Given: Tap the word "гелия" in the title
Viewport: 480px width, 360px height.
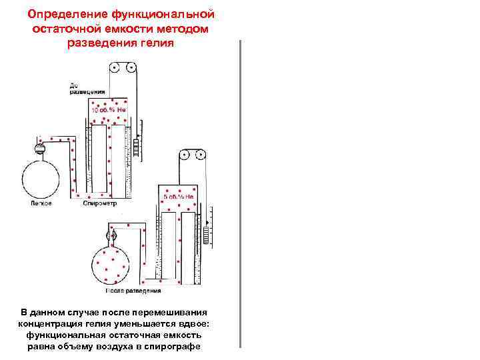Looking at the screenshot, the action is [157, 43].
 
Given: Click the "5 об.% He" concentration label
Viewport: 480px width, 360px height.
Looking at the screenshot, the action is [179, 197].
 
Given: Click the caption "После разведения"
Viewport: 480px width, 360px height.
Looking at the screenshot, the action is [133, 291].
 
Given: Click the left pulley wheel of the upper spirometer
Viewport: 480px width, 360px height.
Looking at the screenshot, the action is [115, 67].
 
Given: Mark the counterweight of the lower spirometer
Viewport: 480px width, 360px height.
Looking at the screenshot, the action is [206, 235].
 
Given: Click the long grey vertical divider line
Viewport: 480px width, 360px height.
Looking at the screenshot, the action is [239, 193].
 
